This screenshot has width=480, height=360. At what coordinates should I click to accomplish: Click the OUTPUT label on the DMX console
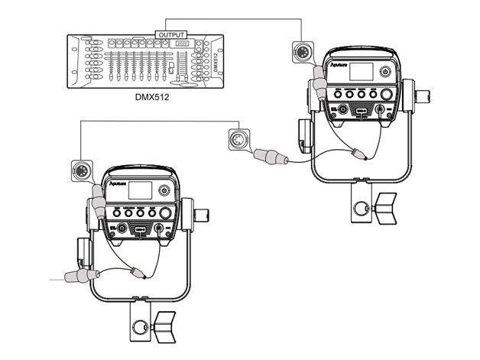(170, 34)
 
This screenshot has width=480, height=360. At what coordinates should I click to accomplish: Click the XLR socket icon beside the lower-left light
(81, 169)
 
